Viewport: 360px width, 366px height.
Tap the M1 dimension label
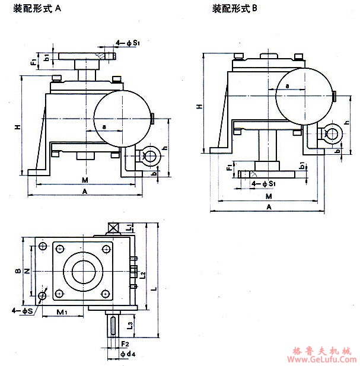click(62, 312)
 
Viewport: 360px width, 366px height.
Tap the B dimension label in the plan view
click(19, 272)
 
